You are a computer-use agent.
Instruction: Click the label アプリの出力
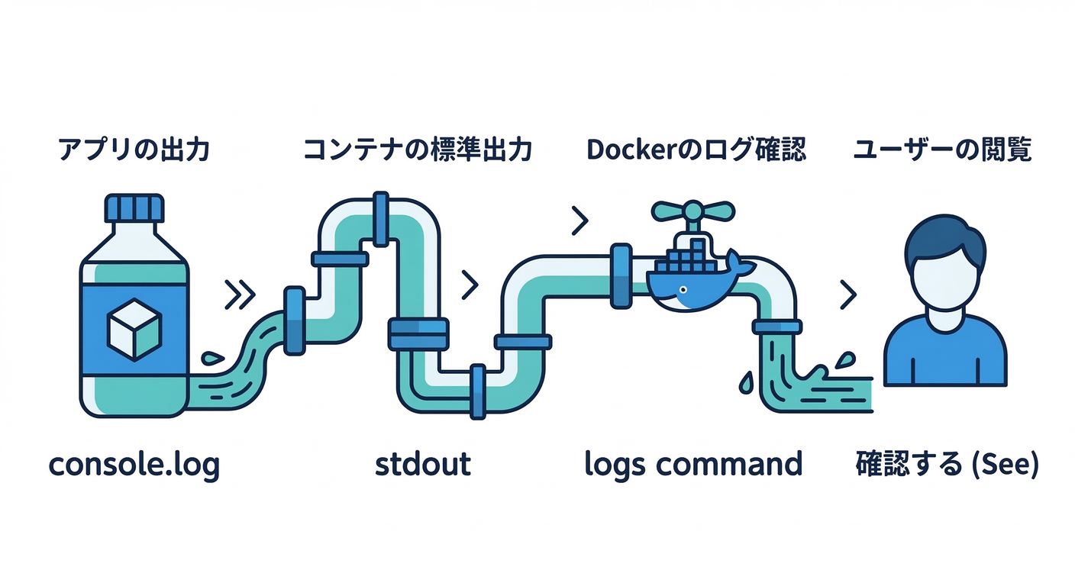pos(134,150)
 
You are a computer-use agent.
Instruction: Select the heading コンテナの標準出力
pos(417,150)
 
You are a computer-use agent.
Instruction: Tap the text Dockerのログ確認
pos(696,150)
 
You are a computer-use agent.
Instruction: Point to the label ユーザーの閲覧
pos(942,150)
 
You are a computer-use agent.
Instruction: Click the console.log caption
pos(134,464)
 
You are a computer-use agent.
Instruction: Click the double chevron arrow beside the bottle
pos(239,295)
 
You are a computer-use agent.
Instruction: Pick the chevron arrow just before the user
pos(847,295)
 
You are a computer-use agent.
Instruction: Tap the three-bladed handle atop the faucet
pos(692,209)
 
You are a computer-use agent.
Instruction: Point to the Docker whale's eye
pos(682,290)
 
